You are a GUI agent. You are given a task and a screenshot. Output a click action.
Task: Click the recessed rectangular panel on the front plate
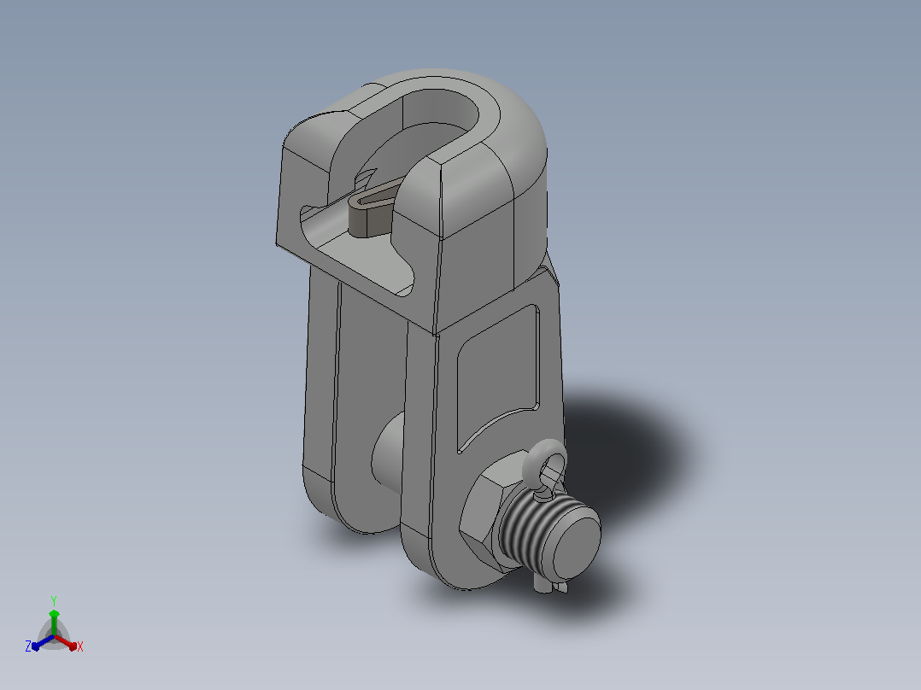[x=498, y=378]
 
